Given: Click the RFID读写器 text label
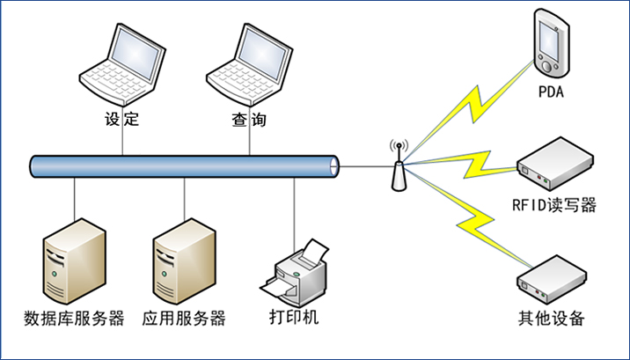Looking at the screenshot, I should pyautogui.click(x=554, y=205).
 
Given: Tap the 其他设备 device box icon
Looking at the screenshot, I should pyautogui.click(x=551, y=278).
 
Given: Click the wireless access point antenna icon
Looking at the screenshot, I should pyautogui.click(x=398, y=165).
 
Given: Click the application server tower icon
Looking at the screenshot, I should pyautogui.click(x=184, y=261).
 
